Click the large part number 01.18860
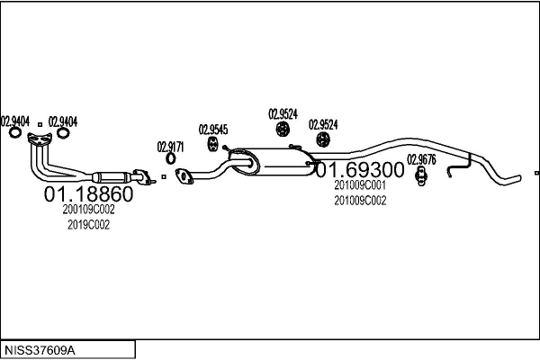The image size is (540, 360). (x=88, y=194)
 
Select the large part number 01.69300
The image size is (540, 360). (x=360, y=169)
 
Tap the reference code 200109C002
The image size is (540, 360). (x=88, y=210)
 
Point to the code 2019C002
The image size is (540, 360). (x=88, y=225)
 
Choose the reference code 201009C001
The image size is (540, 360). (x=360, y=185)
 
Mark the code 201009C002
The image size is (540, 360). (x=360, y=201)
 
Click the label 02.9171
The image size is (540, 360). (x=170, y=147)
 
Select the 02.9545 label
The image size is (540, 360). (x=213, y=130)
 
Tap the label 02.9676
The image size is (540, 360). (x=421, y=159)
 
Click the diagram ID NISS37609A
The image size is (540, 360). (x=40, y=350)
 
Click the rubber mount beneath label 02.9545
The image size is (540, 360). (x=212, y=144)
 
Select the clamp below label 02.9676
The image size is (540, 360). (x=421, y=176)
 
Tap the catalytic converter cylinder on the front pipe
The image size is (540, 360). (x=112, y=177)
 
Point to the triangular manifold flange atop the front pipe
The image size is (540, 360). (x=40, y=138)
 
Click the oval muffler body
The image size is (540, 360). (x=272, y=162)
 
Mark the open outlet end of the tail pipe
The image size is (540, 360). (x=519, y=178)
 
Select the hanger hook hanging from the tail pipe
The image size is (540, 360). (x=459, y=166)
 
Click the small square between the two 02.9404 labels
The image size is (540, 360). (x=40, y=124)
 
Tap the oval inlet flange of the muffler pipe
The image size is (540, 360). (x=184, y=176)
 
